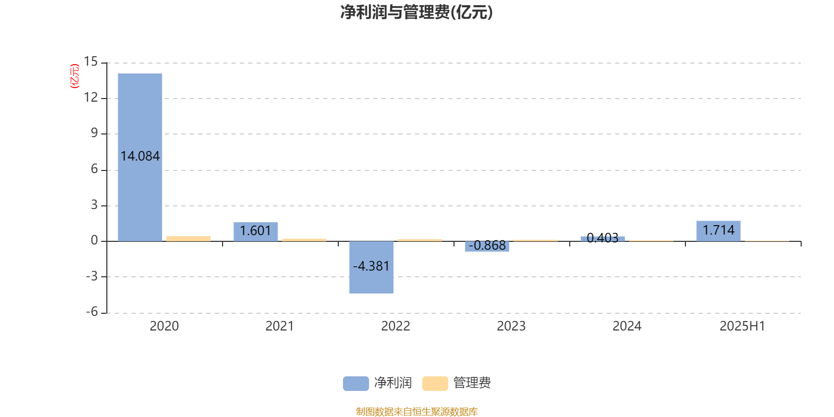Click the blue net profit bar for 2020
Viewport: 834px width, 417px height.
pyautogui.click(x=140, y=157)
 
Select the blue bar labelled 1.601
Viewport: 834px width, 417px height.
pyautogui.click(x=255, y=231)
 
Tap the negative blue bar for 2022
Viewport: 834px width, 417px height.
pyautogui.click(x=371, y=267)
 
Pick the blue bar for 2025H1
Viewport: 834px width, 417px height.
pyautogui.click(x=718, y=231)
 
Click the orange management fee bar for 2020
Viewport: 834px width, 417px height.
pyautogui.click(x=188, y=239)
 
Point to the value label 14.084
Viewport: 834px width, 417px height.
pyautogui.click(x=140, y=156)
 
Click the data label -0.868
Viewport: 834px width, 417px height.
pyautogui.click(x=487, y=246)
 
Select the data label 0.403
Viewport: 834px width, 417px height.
pyautogui.click(x=603, y=238)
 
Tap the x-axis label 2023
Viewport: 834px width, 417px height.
pyautogui.click(x=511, y=326)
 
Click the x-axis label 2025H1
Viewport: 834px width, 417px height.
pyautogui.click(x=742, y=326)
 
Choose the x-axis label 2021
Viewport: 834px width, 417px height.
pyautogui.click(x=279, y=326)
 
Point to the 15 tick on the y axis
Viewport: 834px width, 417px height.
pyautogui.click(x=91, y=62)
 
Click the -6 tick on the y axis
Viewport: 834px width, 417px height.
pyautogui.click(x=92, y=312)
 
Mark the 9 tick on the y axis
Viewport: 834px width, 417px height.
pyautogui.click(x=94, y=133)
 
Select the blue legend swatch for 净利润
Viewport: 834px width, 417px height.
pyautogui.click(x=356, y=384)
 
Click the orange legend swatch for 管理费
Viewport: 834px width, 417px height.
pyautogui.click(x=435, y=384)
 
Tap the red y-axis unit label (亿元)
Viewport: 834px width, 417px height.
pyautogui.click(x=75, y=76)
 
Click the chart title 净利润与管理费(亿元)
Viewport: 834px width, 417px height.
pyautogui.click(x=416, y=13)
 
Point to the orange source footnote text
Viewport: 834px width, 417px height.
pyautogui.click(x=416, y=411)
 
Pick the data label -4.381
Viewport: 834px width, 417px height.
pyautogui.click(x=371, y=266)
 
